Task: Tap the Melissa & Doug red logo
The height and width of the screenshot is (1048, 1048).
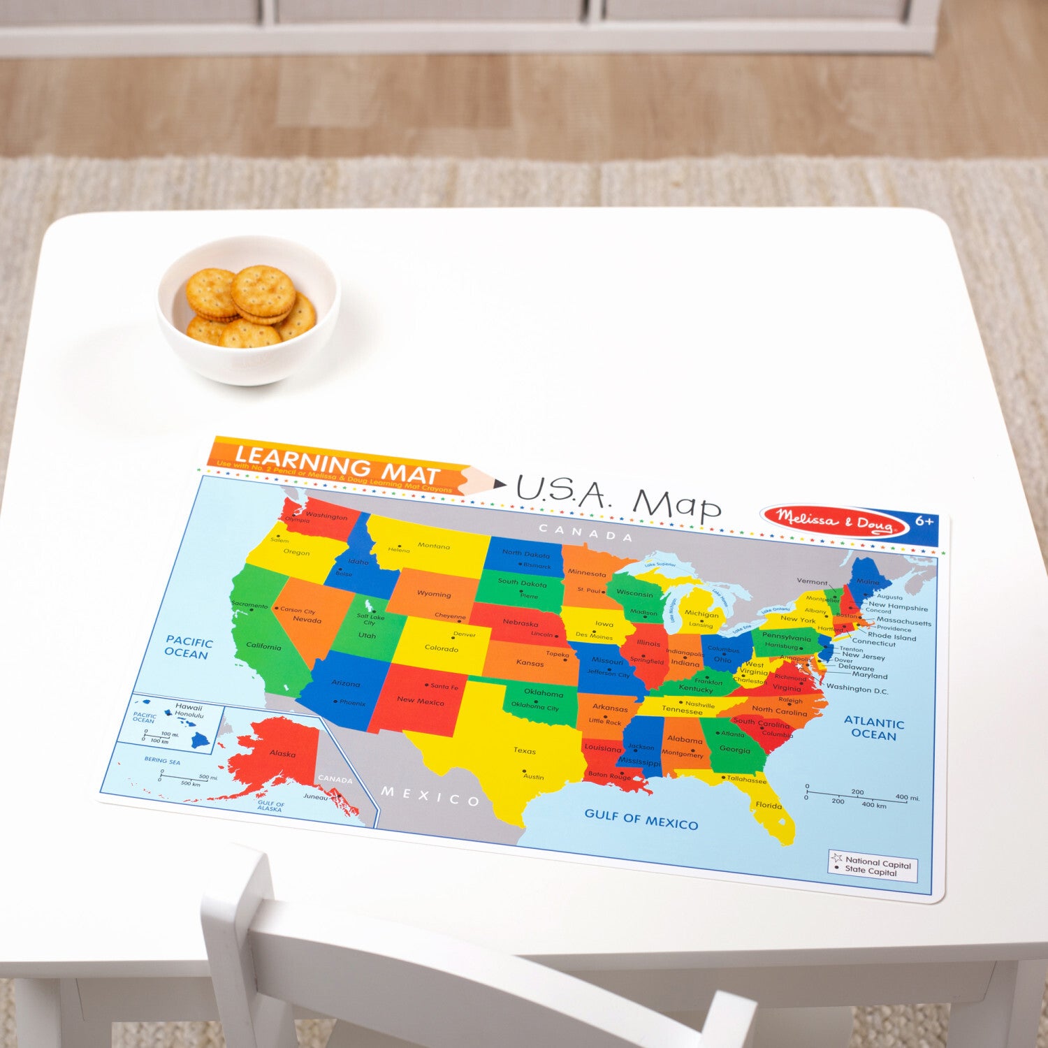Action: click(834, 521)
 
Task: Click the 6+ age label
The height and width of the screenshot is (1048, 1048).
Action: click(924, 521)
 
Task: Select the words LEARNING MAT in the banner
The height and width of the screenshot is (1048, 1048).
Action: click(337, 464)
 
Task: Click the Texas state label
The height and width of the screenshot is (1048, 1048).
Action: click(525, 750)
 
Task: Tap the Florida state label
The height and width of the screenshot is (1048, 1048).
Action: click(769, 805)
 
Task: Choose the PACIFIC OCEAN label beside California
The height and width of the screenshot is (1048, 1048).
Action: click(189, 648)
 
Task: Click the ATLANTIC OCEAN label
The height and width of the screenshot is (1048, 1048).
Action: click(874, 728)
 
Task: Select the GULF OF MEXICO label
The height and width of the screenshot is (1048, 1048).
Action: click(641, 819)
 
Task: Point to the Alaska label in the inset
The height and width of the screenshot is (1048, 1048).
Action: click(282, 754)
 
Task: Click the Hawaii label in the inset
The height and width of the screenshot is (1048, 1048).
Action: click(189, 707)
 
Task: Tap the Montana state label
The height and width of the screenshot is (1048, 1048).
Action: click(434, 546)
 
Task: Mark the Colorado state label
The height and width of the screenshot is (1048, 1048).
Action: click(442, 648)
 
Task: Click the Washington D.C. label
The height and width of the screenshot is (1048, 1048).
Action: click(857, 689)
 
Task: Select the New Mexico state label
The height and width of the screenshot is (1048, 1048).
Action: click(420, 700)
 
